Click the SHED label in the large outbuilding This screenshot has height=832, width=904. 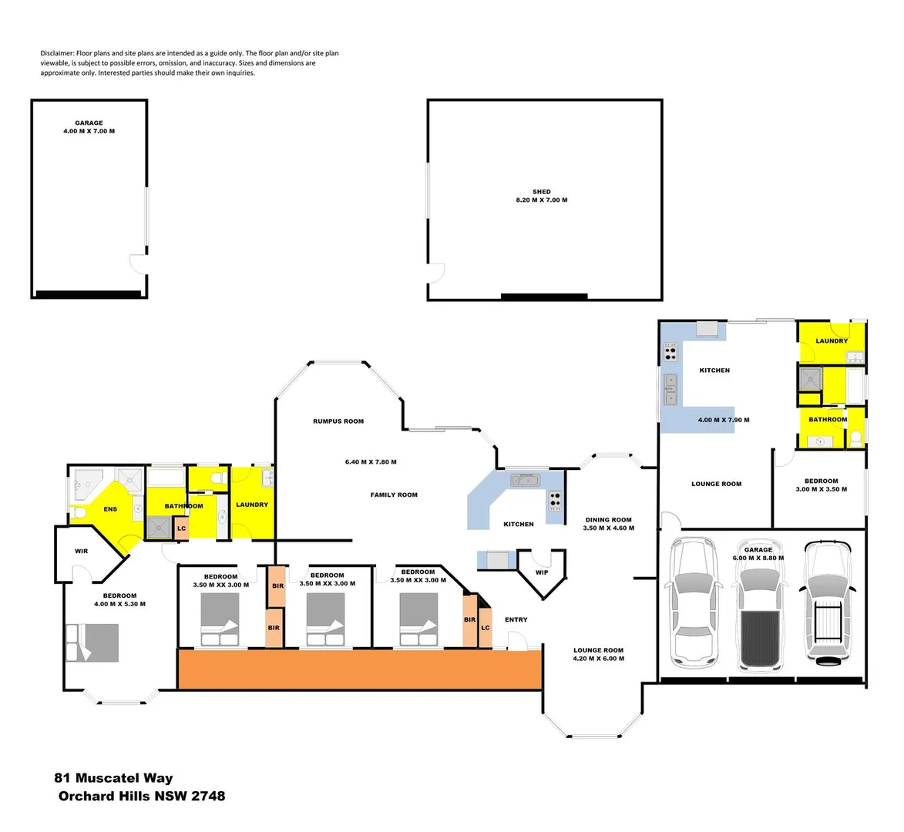[x=541, y=192]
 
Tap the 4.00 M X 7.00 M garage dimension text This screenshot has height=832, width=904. [x=89, y=132]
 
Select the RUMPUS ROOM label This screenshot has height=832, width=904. [x=338, y=421]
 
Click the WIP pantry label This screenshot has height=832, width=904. [x=542, y=572]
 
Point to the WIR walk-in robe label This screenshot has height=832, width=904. [x=81, y=552]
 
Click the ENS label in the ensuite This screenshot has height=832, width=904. [x=110, y=509]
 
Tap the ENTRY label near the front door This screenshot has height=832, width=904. [x=516, y=619]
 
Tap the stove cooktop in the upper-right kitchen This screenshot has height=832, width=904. [x=670, y=354]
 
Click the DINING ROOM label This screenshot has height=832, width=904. [x=609, y=520]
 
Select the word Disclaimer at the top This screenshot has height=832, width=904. [x=58, y=53]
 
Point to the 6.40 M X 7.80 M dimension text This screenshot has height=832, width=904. [x=371, y=462]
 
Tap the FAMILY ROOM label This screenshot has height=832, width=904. [x=394, y=495]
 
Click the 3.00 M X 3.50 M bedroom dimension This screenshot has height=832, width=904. [x=822, y=489]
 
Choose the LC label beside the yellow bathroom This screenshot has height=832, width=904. [x=181, y=528]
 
